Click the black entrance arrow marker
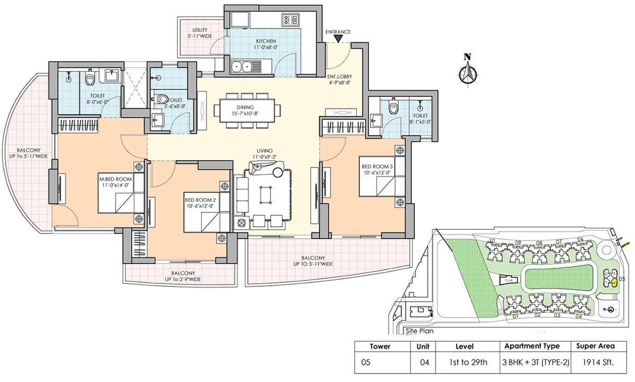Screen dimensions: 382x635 click(338, 39)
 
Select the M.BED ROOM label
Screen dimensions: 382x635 click(114, 182)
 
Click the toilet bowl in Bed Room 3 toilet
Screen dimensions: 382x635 click(393, 108)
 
